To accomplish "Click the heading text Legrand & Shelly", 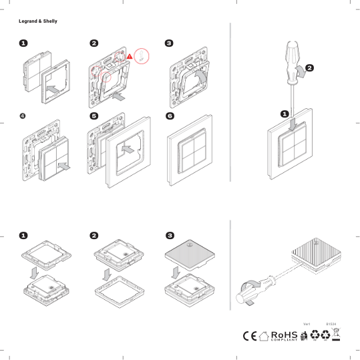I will (38, 21).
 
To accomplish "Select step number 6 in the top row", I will (169, 116).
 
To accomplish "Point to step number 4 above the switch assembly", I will (23, 116).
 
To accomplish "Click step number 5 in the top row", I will (94, 116).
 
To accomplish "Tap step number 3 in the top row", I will (169, 43).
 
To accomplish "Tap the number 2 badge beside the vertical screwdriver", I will (310, 67).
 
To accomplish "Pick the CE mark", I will (250, 336).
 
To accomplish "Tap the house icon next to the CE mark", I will (264, 336).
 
